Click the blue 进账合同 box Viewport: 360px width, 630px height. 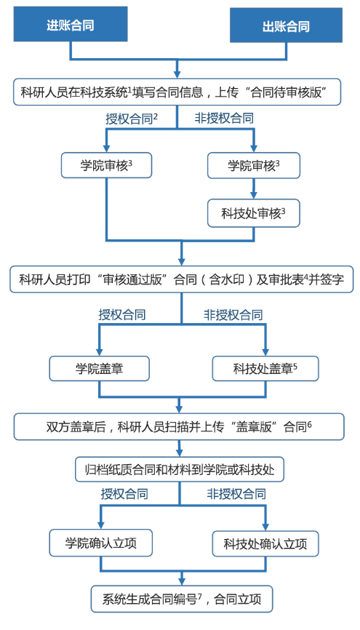71,25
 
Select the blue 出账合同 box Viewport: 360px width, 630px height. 286,26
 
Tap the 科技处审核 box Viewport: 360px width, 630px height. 254,213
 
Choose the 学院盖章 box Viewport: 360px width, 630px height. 99,368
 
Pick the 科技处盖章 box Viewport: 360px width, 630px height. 265,368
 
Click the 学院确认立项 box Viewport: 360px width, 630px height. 101,543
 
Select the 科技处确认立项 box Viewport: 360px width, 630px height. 265,544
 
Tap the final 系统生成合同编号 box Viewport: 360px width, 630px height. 182,599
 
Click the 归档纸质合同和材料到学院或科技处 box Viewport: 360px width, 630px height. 180,469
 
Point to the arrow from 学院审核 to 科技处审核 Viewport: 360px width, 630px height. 254,188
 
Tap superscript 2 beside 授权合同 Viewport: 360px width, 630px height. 156,117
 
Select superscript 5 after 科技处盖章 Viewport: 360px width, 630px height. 295,366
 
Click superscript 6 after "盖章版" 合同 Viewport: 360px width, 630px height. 310,424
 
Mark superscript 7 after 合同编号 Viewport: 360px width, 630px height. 199,597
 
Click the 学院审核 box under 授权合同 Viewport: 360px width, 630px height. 106,165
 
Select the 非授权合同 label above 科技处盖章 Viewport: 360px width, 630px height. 233,314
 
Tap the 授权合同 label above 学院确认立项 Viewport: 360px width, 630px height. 124,493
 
